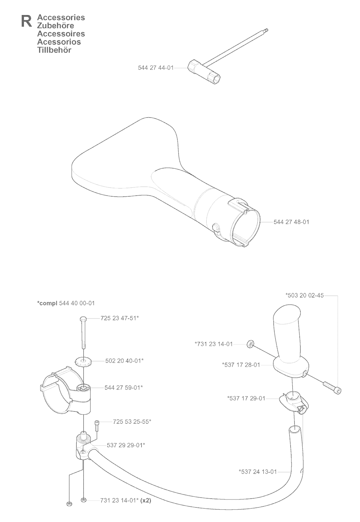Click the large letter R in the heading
pyautogui.click(x=27, y=21)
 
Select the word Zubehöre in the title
pyautogui.click(x=56, y=25)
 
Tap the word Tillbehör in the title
pyautogui.click(x=54, y=50)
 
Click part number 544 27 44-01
pyautogui.click(x=156, y=68)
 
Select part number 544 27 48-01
pyautogui.click(x=291, y=222)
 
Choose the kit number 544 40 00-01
pyautogui.click(x=77, y=303)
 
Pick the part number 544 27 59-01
pyautogui.click(x=123, y=387)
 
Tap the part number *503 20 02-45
pyautogui.click(x=304, y=295)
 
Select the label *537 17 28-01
pyautogui.click(x=241, y=365)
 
